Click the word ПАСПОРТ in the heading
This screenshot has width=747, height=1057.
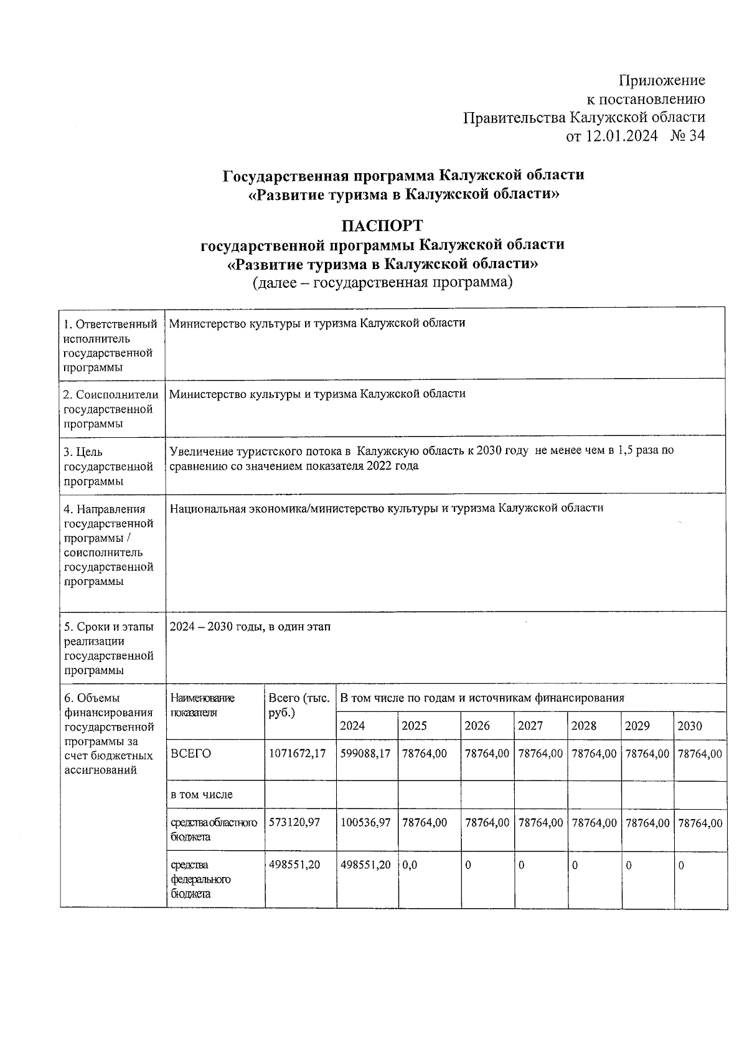(x=382, y=224)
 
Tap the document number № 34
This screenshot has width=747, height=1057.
(x=688, y=136)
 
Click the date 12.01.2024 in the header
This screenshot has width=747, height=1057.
(x=620, y=136)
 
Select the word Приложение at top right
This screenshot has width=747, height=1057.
(x=662, y=80)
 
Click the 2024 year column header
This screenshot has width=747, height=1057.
(x=353, y=726)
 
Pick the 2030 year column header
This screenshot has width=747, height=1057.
(x=690, y=726)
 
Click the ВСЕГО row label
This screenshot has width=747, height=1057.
(x=190, y=754)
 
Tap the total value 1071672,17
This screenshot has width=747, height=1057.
(x=298, y=754)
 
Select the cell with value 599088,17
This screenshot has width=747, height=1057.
(x=365, y=754)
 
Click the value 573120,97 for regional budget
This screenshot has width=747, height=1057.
(x=294, y=823)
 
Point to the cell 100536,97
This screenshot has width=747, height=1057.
(x=365, y=823)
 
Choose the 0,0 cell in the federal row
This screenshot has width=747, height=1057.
(x=410, y=865)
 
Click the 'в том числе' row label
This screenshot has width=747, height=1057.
(x=201, y=795)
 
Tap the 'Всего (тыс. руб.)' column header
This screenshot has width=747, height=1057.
(x=299, y=705)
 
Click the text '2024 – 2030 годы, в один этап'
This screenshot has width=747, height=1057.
(x=250, y=627)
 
